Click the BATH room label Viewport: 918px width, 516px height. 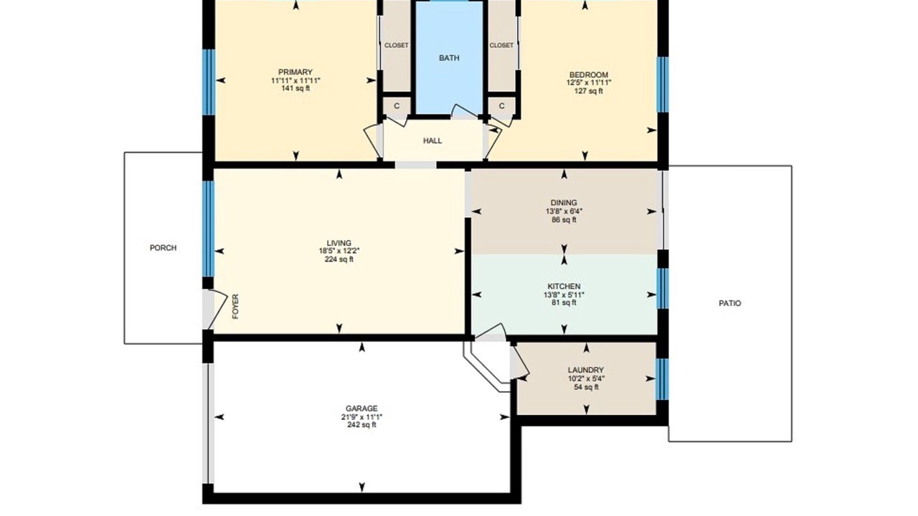pyautogui.click(x=449, y=58)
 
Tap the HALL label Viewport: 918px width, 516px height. pyautogui.click(x=432, y=141)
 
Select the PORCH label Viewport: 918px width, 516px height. pyautogui.click(x=163, y=248)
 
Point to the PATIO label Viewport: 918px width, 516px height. pyautogui.click(x=730, y=303)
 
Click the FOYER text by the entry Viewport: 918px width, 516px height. pyautogui.click(x=235, y=306)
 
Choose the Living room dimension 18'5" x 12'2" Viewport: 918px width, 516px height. pyautogui.click(x=339, y=251)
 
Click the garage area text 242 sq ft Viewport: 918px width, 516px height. pyautogui.click(x=361, y=425)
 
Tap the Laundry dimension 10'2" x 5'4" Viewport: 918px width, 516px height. pyautogui.click(x=586, y=379)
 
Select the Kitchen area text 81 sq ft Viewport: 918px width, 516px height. pyautogui.click(x=564, y=302)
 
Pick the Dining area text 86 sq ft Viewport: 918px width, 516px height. pyautogui.click(x=564, y=219)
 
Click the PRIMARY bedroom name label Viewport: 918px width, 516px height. pyautogui.click(x=295, y=72)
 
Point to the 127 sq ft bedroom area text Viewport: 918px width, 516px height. pyautogui.click(x=589, y=91)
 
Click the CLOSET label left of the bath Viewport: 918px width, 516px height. pyautogui.click(x=397, y=45)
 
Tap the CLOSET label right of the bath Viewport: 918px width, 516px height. pyautogui.click(x=501, y=45)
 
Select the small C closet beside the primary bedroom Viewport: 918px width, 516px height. pyautogui.click(x=397, y=106)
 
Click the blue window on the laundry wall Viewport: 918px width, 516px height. pyautogui.click(x=662, y=379)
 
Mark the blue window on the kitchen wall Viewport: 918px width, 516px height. pyautogui.click(x=662, y=288)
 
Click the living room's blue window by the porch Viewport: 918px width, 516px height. pyautogui.click(x=209, y=229)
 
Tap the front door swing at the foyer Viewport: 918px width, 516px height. pyautogui.click(x=216, y=308)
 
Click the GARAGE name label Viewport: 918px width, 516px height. pyautogui.click(x=361, y=408)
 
